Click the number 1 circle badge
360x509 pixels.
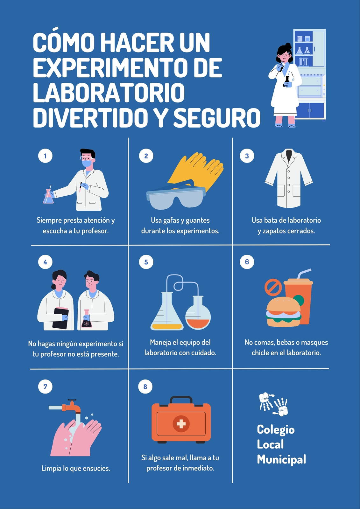[x=45, y=156]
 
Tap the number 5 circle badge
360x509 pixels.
[x=146, y=262]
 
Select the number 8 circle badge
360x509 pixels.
[x=145, y=387]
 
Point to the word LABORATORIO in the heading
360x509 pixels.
[x=109, y=92]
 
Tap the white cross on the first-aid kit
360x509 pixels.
[x=181, y=424]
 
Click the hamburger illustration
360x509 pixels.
[x=283, y=312]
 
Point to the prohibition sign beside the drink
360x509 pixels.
[x=273, y=287]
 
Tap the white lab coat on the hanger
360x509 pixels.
[x=289, y=178]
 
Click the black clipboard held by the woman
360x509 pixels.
[x=60, y=318]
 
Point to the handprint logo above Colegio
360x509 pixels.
[x=273, y=404]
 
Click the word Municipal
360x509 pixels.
[x=281, y=459]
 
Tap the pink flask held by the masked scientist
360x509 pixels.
[x=48, y=196]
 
